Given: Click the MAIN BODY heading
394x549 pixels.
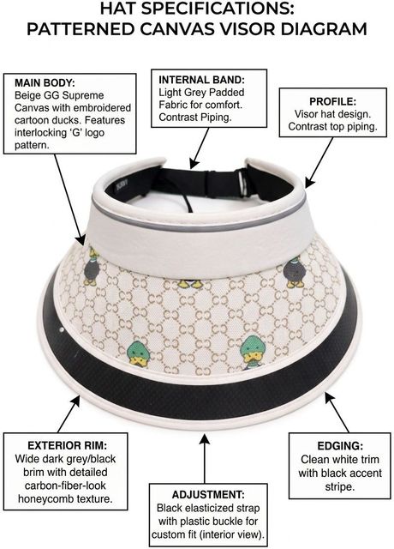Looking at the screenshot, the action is [x=45, y=83].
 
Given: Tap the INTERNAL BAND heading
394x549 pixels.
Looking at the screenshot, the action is [x=202, y=80].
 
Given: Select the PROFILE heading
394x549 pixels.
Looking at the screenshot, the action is [x=332, y=101].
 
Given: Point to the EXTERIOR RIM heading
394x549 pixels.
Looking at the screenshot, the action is [x=67, y=445].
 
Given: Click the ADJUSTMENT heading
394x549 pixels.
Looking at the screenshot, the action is [x=208, y=495].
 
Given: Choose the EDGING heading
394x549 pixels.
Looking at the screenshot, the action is [x=340, y=446].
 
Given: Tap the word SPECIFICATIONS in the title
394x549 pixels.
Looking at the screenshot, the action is [x=218, y=9].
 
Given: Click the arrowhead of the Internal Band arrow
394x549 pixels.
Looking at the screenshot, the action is [x=194, y=164].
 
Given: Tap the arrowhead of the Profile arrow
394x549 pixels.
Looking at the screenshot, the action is [x=309, y=183].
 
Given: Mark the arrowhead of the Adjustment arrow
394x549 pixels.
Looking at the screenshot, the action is [x=205, y=438].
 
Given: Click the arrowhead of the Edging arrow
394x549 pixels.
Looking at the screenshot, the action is [x=329, y=398].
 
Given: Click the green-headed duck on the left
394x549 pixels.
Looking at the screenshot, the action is [x=139, y=353].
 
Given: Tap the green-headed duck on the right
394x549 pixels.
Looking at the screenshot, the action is [x=253, y=353].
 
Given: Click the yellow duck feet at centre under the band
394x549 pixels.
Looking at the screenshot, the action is [x=190, y=284].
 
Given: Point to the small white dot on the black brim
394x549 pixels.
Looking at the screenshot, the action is [x=62, y=329].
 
